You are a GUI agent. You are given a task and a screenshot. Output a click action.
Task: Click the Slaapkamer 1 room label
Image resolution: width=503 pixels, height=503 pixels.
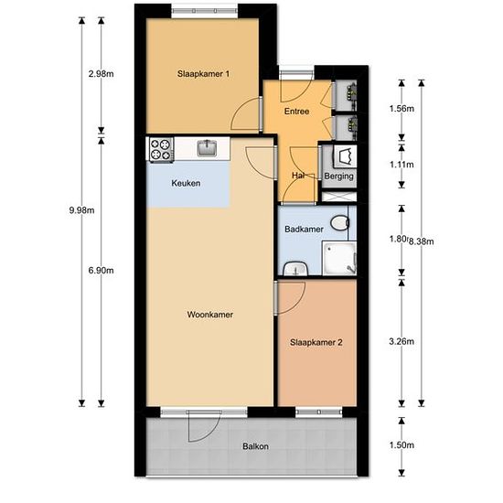pos(203,74)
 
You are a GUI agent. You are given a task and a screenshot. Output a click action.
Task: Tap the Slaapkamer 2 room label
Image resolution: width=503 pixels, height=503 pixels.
pos(316,343)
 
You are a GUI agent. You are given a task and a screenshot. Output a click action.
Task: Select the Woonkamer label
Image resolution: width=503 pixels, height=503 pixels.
pos(210,315)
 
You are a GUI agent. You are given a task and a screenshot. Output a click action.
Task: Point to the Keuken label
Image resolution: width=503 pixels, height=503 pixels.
pos(186,183)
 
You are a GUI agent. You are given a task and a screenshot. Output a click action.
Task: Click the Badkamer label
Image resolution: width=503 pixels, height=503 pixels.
pos(304,229)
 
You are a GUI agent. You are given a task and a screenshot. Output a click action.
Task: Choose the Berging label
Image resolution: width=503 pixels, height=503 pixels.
pos(338,177)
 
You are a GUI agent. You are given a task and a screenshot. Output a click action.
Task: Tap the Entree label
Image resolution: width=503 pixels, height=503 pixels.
pos(296,112)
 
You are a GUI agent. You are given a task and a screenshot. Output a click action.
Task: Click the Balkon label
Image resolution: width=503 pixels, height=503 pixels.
pos(255,446)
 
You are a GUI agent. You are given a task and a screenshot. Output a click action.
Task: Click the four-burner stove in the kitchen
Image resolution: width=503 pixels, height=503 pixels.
pos(161,149)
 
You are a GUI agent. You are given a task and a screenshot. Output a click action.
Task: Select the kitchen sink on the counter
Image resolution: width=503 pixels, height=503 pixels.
pos(207,148)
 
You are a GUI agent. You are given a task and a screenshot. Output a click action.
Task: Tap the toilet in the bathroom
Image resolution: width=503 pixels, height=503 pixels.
pos(339,223)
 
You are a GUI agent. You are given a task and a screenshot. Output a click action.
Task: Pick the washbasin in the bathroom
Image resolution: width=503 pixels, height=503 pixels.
pos(295,269)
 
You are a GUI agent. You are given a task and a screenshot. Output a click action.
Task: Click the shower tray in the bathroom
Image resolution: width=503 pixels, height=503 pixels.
pos(339,258)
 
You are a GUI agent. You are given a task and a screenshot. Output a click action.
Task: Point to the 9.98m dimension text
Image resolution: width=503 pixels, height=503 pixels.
pos(81,210)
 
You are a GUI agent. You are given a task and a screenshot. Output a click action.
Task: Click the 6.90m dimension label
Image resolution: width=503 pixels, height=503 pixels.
pos(101,271)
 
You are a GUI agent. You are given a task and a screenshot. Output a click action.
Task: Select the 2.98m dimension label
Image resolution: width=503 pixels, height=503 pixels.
pos(101,74)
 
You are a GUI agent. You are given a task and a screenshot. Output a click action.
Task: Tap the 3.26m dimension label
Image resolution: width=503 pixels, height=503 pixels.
pos(401,341)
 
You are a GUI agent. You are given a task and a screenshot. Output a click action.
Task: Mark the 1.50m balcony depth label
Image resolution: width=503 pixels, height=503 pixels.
pos(401,445)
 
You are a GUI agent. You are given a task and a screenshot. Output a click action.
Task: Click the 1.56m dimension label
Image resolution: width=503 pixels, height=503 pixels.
pos(401,109)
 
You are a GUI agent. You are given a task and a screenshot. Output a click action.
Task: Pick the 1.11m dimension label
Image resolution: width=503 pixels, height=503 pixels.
pos(401,165)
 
